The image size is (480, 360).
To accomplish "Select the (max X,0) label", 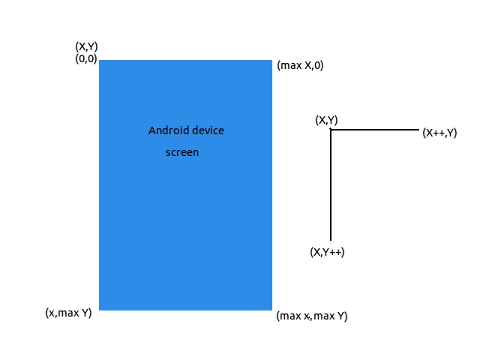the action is coord(300,65).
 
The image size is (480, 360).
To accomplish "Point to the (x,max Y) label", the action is coord(68,313).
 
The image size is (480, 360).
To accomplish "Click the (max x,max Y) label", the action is coord(312,316).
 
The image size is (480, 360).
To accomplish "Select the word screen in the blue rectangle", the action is coord(182,152).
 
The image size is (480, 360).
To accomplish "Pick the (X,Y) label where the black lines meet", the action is coord(326,120).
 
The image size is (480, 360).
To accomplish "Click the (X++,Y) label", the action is coord(439,133).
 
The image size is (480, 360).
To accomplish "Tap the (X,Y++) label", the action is coord(327,252).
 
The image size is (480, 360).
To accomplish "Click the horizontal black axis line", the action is coord(375,130).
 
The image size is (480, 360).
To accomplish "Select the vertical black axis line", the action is coord(331,185).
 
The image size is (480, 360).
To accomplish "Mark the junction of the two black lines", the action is coord(331,130).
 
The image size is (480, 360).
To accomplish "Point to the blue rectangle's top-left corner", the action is coord(99,60).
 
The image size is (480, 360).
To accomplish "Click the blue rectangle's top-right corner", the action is coord(271,60).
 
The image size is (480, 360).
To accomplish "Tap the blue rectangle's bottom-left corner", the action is coord(99,310).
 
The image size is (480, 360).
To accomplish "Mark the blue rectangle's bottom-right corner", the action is coord(271,310).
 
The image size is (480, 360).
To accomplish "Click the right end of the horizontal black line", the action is coord(419,130).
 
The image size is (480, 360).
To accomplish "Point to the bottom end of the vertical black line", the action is coord(331,240).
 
